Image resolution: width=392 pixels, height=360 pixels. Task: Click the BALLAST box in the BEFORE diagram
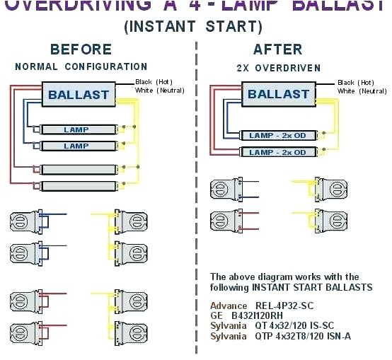(79, 95)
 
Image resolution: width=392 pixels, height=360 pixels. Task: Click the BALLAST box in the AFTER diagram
(277, 95)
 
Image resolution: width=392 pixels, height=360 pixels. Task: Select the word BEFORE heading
(81, 50)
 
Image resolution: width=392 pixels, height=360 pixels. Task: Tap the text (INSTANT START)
(193, 28)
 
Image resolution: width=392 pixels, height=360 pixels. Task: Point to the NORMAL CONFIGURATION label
(81, 66)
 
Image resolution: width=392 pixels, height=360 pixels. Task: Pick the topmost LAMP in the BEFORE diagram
(76, 129)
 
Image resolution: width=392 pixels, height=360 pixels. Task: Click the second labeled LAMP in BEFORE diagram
(76, 146)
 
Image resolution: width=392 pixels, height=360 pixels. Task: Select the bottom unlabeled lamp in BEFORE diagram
(76, 186)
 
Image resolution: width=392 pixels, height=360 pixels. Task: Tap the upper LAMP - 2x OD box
(277, 135)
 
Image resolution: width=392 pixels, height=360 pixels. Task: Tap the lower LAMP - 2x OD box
(277, 152)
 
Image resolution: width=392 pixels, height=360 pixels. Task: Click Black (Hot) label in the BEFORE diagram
(154, 82)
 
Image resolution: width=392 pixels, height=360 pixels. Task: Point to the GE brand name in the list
(217, 316)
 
